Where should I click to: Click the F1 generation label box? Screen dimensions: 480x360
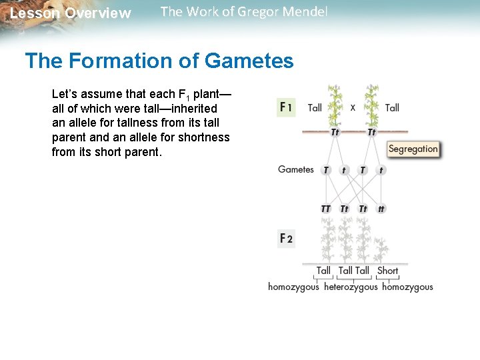285,107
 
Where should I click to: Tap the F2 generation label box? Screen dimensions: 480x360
285,239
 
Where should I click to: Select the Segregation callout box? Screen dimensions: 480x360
413,149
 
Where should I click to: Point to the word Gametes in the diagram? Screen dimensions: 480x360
295,169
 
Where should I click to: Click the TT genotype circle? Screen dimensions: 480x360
325,209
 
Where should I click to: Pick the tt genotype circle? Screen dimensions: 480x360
381,209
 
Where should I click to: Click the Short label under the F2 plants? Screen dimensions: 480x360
387,271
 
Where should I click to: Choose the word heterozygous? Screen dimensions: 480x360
351,287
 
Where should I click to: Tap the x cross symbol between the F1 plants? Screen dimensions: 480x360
353,107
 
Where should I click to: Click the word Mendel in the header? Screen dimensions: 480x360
305,12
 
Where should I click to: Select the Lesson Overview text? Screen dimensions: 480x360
71,13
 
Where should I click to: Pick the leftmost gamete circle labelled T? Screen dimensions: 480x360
325,170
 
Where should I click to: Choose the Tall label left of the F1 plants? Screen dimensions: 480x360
315,107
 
